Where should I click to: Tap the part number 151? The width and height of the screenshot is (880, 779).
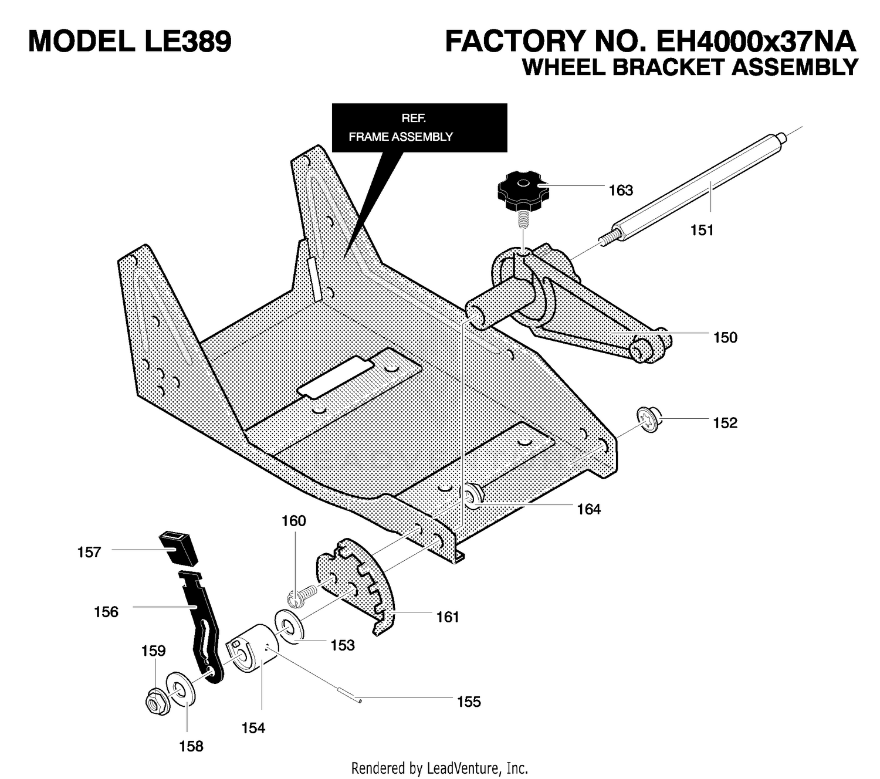point(702,230)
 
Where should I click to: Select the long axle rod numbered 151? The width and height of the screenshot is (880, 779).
point(693,191)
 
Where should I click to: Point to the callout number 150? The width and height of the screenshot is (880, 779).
point(725,337)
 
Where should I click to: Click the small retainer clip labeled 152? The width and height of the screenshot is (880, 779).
point(649,419)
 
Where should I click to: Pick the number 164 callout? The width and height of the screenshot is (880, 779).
point(588,509)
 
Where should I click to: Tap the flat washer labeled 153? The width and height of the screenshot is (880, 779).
point(289,628)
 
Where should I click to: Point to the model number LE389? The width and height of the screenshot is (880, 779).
point(188,42)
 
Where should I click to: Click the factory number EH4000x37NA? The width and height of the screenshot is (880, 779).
point(756,42)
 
